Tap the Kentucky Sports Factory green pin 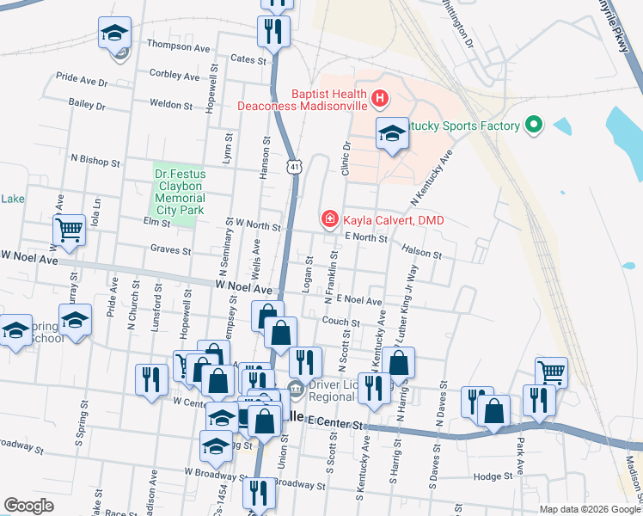[x=534, y=126]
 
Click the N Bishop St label [x=95, y=160]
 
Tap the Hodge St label [x=493, y=476]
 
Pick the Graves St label [x=170, y=251]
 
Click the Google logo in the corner [x=28, y=506]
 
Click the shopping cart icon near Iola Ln [x=70, y=229]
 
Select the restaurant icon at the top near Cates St [x=273, y=32]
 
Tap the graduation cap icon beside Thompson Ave [x=114, y=34]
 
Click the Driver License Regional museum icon [x=295, y=390]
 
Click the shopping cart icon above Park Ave [x=551, y=372]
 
